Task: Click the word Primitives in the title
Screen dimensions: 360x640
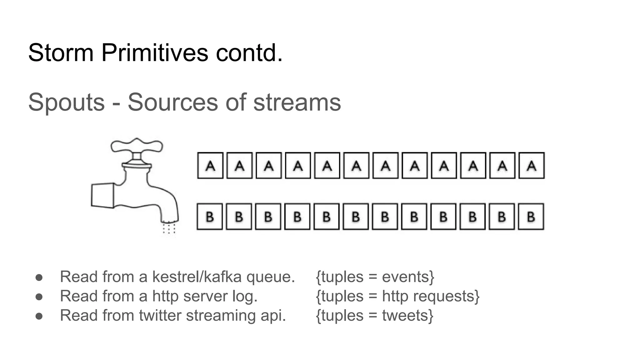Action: [154, 53]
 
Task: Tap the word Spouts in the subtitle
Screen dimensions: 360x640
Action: [66, 102]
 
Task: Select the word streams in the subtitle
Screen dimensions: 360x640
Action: [297, 102]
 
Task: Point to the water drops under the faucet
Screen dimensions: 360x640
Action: [169, 228]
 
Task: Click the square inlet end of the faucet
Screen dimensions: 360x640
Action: [102, 195]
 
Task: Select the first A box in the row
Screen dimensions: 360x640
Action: [210, 166]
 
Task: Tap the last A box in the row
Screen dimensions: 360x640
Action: [531, 166]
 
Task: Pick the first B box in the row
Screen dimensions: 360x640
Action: [210, 217]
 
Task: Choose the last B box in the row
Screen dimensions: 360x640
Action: [531, 217]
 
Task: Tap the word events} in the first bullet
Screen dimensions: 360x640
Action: [408, 277]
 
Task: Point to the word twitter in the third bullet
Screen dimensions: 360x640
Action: [160, 315]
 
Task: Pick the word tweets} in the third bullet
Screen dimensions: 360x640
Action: [407, 315]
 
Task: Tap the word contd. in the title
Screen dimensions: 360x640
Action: [249, 53]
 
